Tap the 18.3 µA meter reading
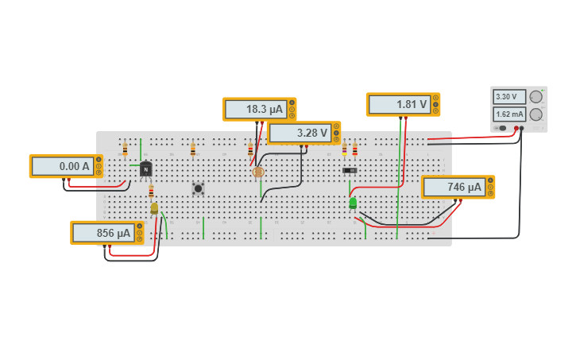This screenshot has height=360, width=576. click(x=255, y=109)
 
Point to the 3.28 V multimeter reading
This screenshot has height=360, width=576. click(x=300, y=133)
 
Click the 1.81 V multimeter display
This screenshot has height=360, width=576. click(x=399, y=104)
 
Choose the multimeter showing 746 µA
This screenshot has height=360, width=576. click(x=454, y=187)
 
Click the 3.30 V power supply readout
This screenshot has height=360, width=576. click(x=509, y=97)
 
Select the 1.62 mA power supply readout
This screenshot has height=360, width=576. click(x=509, y=114)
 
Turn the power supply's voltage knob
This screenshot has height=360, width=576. click(x=536, y=97)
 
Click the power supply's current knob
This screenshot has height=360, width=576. click(x=536, y=114)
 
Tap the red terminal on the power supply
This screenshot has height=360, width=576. click(x=516, y=128)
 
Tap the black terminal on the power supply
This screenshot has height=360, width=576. click(x=522, y=128)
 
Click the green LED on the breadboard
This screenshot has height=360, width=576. click(x=353, y=203)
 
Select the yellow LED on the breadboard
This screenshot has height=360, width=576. click(x=154, y=208)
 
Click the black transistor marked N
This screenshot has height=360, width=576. click(x=146, y=168)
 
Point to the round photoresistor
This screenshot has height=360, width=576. click(x=257, y=172)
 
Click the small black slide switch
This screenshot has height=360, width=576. click(x=350, y=170)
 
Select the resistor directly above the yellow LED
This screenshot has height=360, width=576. click(x=151, y=191)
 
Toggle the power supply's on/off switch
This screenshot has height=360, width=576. click(x=501, y=128)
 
